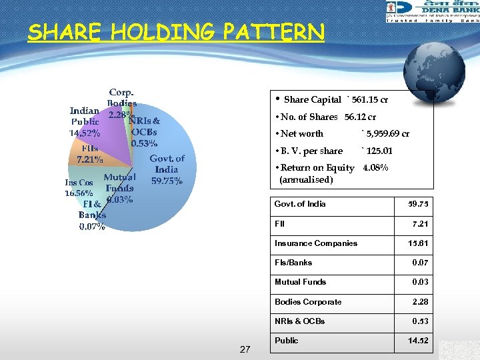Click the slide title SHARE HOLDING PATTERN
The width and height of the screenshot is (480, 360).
coord(176,32)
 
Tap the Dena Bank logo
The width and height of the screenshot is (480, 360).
coord(431,12)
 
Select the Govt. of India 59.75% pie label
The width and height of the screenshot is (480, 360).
coord(167,170)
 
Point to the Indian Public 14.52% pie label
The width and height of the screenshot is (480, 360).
coord(85,121)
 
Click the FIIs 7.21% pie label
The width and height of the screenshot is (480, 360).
coord(90,154)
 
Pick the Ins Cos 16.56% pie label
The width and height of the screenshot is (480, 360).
coord(79,188)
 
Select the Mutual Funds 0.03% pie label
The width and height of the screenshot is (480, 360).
coord(119,188)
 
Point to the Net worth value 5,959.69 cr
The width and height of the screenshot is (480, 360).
coord(385,134)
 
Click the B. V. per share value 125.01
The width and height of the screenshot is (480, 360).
coord(377,151)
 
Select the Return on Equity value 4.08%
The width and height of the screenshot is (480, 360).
coord(375,168)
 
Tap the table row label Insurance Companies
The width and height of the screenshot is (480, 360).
coord(315,243)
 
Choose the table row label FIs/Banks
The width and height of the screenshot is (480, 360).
coord(293,263)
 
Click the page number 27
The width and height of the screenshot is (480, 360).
coord(245,349)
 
